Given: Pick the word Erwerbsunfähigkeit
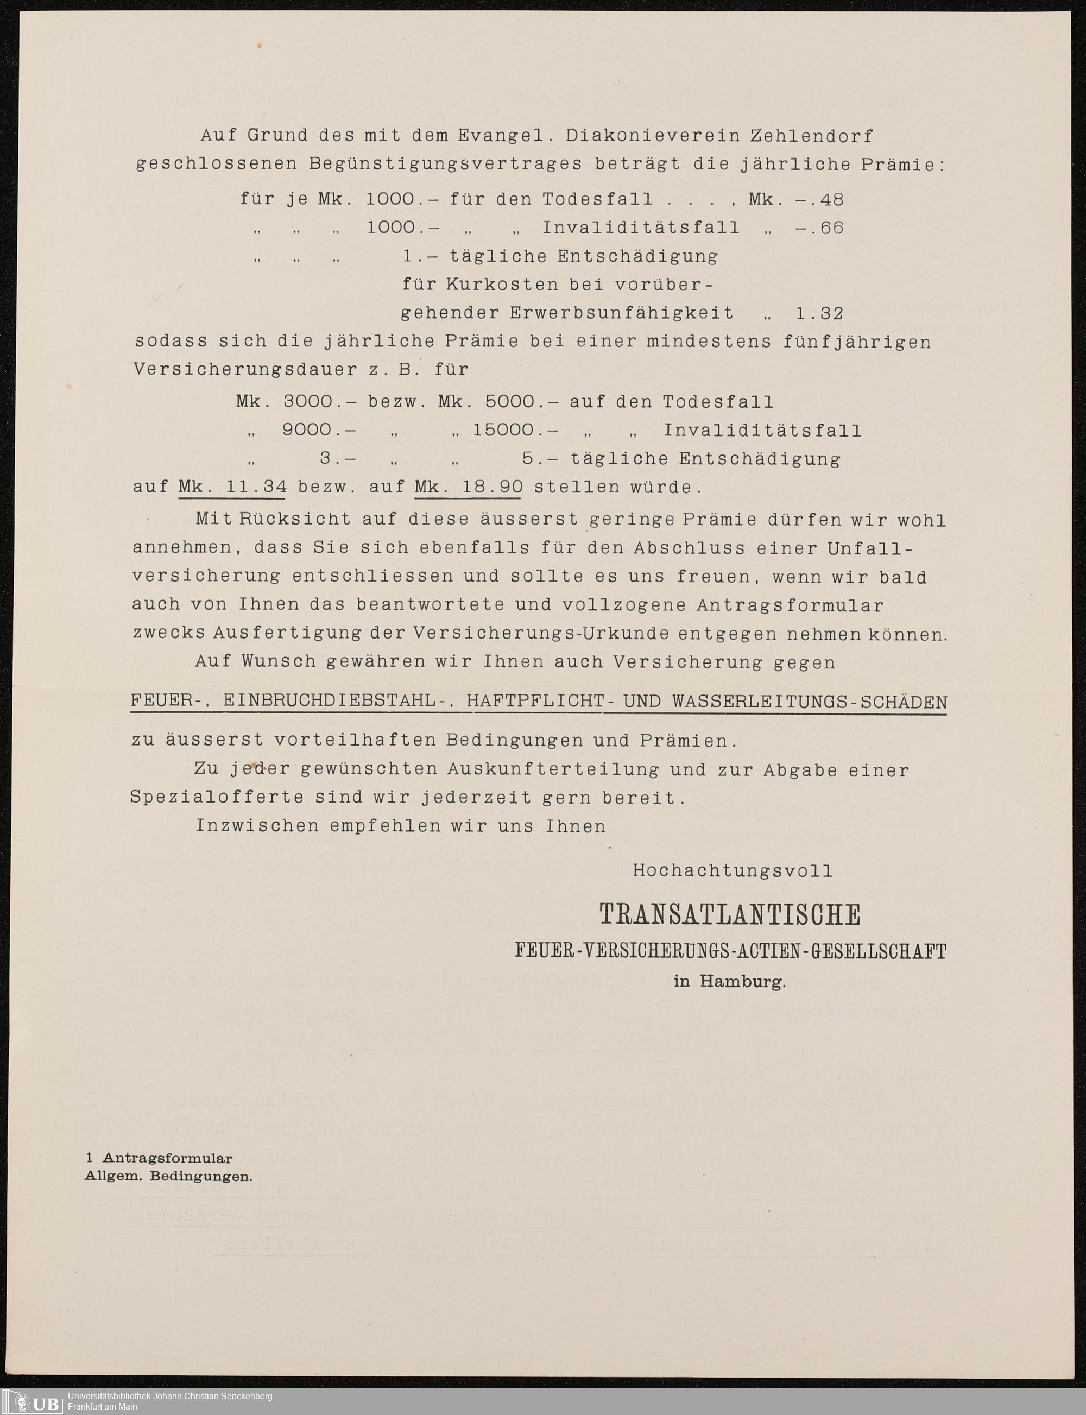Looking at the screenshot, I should pos(622,313).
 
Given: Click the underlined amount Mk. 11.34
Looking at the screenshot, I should pos(232,487).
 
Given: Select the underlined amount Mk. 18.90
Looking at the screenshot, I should pos(468,487).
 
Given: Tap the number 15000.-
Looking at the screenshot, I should pos(515,431).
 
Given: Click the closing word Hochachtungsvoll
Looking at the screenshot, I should pos(733,871).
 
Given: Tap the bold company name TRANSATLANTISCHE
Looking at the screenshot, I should pos(730,915).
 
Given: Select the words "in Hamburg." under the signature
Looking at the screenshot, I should pos(730,981).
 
